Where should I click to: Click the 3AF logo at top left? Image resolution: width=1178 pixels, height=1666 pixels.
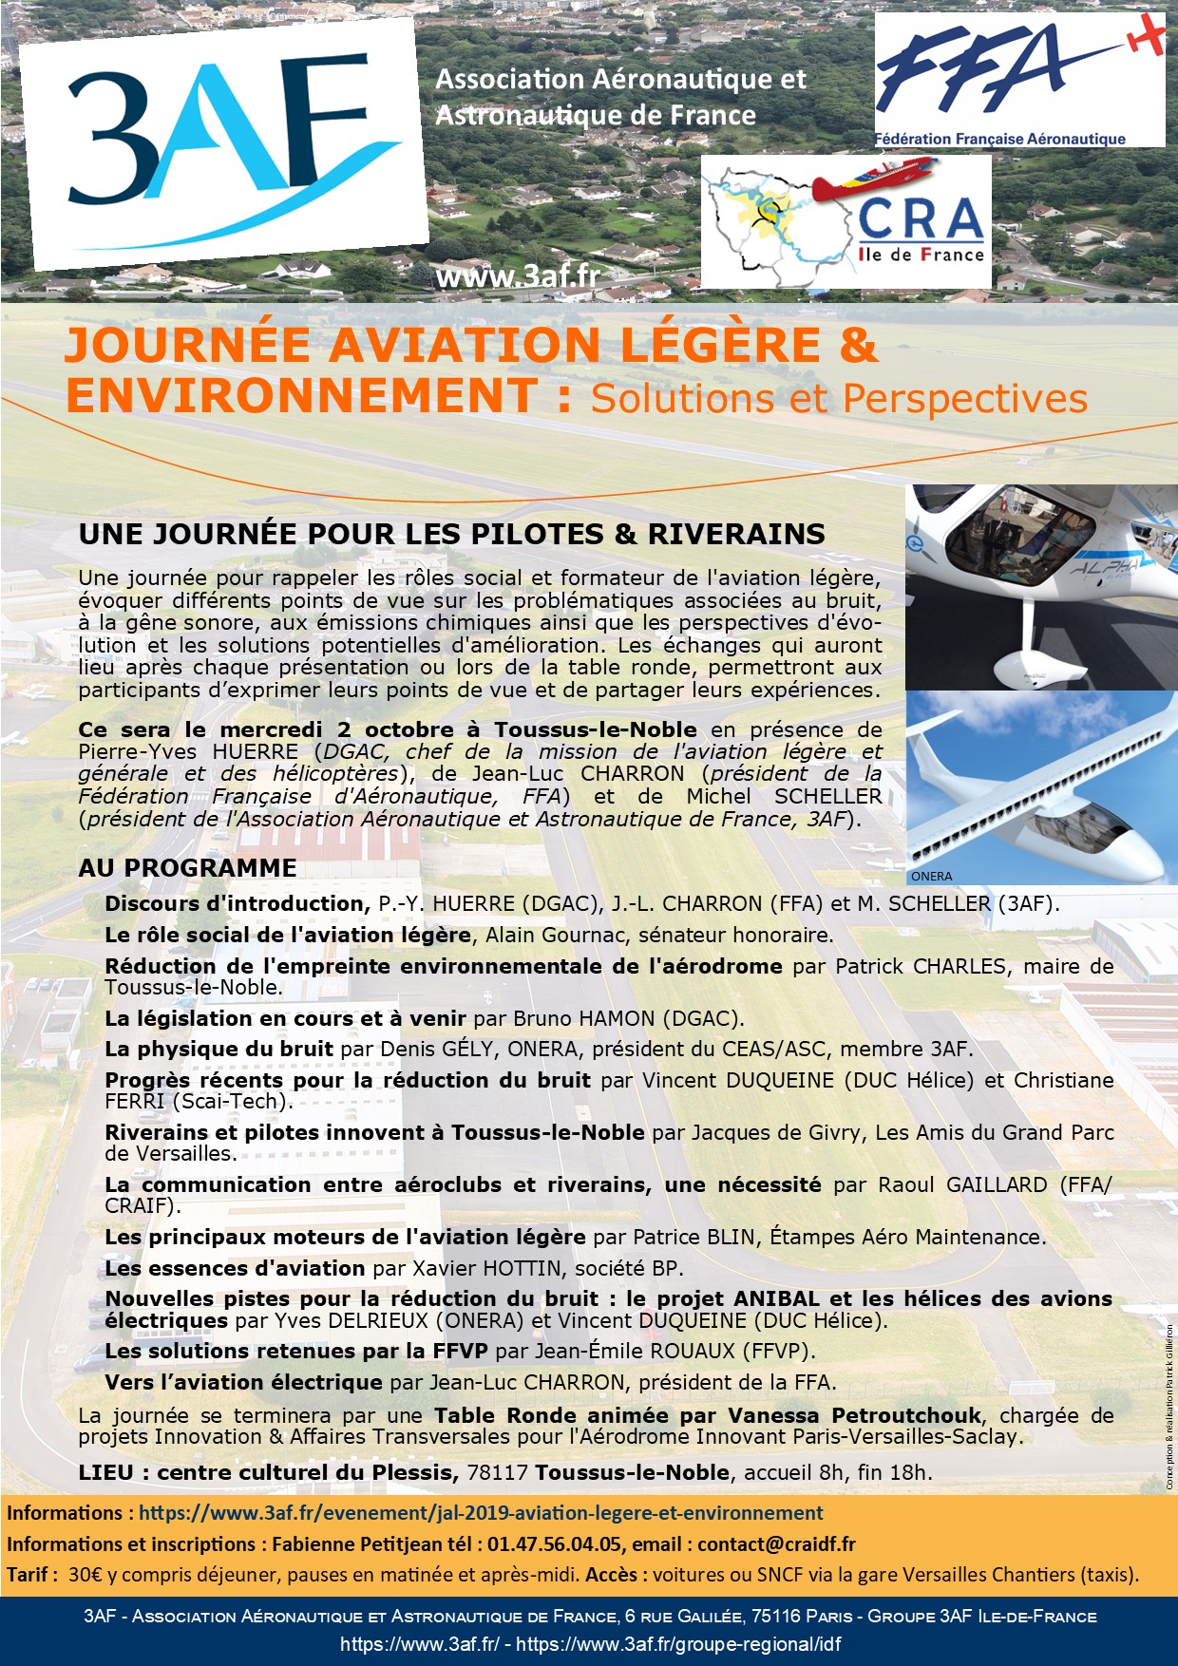pos(223,142)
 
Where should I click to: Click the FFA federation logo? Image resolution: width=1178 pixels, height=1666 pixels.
pos(1018,81)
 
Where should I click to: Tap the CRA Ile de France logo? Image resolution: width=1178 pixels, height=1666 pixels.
pos(845,221)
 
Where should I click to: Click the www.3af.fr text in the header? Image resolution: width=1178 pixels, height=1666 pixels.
pos(518,276)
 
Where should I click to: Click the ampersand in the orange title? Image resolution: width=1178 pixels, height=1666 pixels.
pos(858,345)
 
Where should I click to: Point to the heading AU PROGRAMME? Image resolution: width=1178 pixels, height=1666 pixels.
pos(187,867)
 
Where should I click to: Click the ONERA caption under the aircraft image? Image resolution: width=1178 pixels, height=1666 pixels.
pos(930,876)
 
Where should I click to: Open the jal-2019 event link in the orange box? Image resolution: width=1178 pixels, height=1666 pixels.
pos(481,1512)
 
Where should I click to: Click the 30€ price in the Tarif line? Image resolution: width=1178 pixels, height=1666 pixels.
pos(85,1574)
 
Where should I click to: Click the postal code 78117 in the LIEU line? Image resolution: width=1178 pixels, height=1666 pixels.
pos(499,1472)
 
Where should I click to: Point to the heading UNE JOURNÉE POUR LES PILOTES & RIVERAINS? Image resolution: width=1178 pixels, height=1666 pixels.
pos(451,534)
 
